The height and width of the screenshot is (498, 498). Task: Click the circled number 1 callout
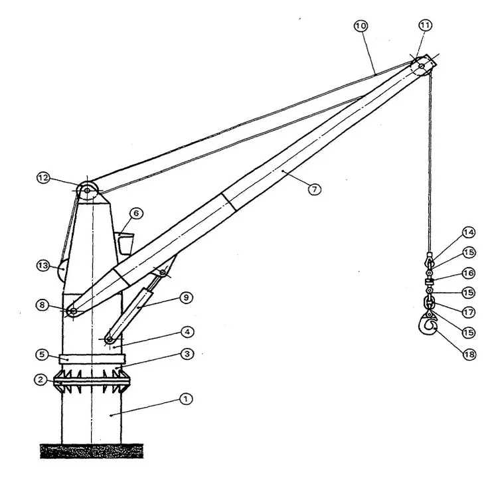tap(187, 399)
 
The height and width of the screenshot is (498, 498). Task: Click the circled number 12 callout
tap(43, 178)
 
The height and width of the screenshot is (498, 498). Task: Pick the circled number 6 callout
tap(135, 213)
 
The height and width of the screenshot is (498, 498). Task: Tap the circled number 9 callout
tap(186, 298)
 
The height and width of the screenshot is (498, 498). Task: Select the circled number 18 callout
tap(469, 355)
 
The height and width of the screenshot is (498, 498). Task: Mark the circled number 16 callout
tap(469, 273)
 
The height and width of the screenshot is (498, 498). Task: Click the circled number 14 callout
tap(469, 232)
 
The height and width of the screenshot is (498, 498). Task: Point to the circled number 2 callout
tap(42, 379)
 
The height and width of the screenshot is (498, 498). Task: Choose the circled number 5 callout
tap(42, 355)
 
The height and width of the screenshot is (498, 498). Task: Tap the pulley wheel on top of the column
tap(86, 191)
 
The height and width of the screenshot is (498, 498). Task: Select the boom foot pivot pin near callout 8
tap(72, 311)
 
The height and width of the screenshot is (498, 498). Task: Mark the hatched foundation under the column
tap(91, 451)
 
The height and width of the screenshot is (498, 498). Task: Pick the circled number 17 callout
tap(469, 311)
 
